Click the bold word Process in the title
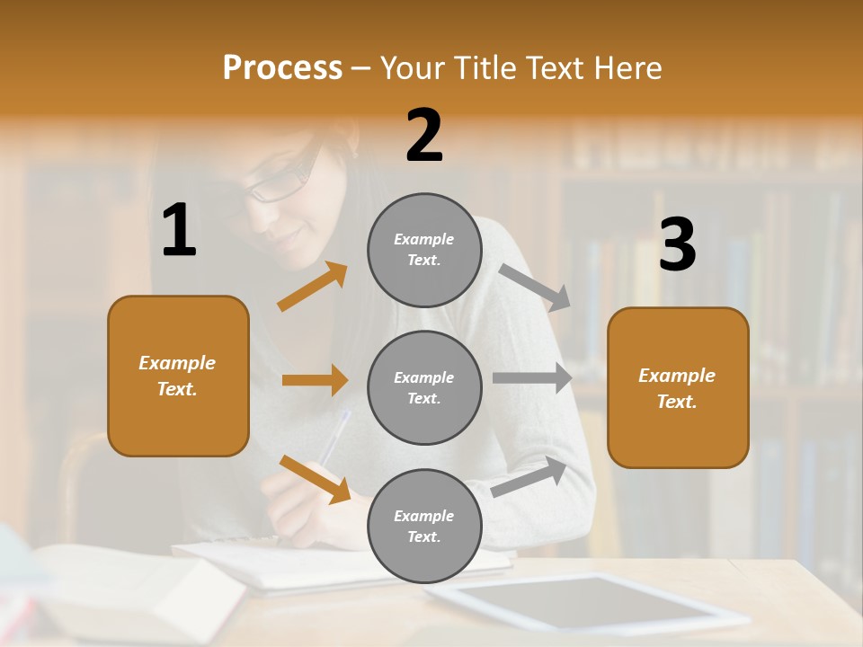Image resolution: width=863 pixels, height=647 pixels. (x=282, y=68)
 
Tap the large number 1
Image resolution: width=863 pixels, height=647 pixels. (x=179, y=231)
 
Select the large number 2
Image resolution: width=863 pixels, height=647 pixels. (x=424, y=136)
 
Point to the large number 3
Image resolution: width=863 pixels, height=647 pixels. (x=677, y=244)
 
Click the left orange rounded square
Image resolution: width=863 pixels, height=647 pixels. (x=178, y=376)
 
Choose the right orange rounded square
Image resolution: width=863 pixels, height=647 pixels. (x=678, y=388)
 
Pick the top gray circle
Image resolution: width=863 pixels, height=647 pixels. (x=424, y=250)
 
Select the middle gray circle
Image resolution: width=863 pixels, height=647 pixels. (x=424, y=388)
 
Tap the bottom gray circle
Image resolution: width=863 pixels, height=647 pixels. (x=424, y=527)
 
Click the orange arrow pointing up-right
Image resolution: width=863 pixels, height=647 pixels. (x=313, y=286)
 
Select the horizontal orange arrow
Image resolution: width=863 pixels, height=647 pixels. (x=315, y=380)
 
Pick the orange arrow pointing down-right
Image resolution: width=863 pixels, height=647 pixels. (x=315, y=479)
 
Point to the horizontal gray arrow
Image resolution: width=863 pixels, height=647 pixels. (x=532, y=378)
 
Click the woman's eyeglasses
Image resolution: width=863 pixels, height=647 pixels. (x=281, y=179)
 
